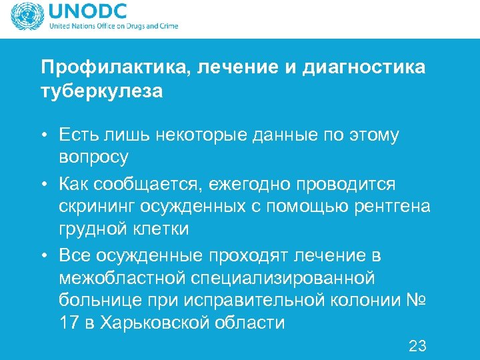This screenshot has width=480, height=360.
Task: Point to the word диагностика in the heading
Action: pos(363,68)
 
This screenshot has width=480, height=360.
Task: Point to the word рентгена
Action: pos(393,207)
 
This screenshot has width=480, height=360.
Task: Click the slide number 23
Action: pos(417,346)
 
